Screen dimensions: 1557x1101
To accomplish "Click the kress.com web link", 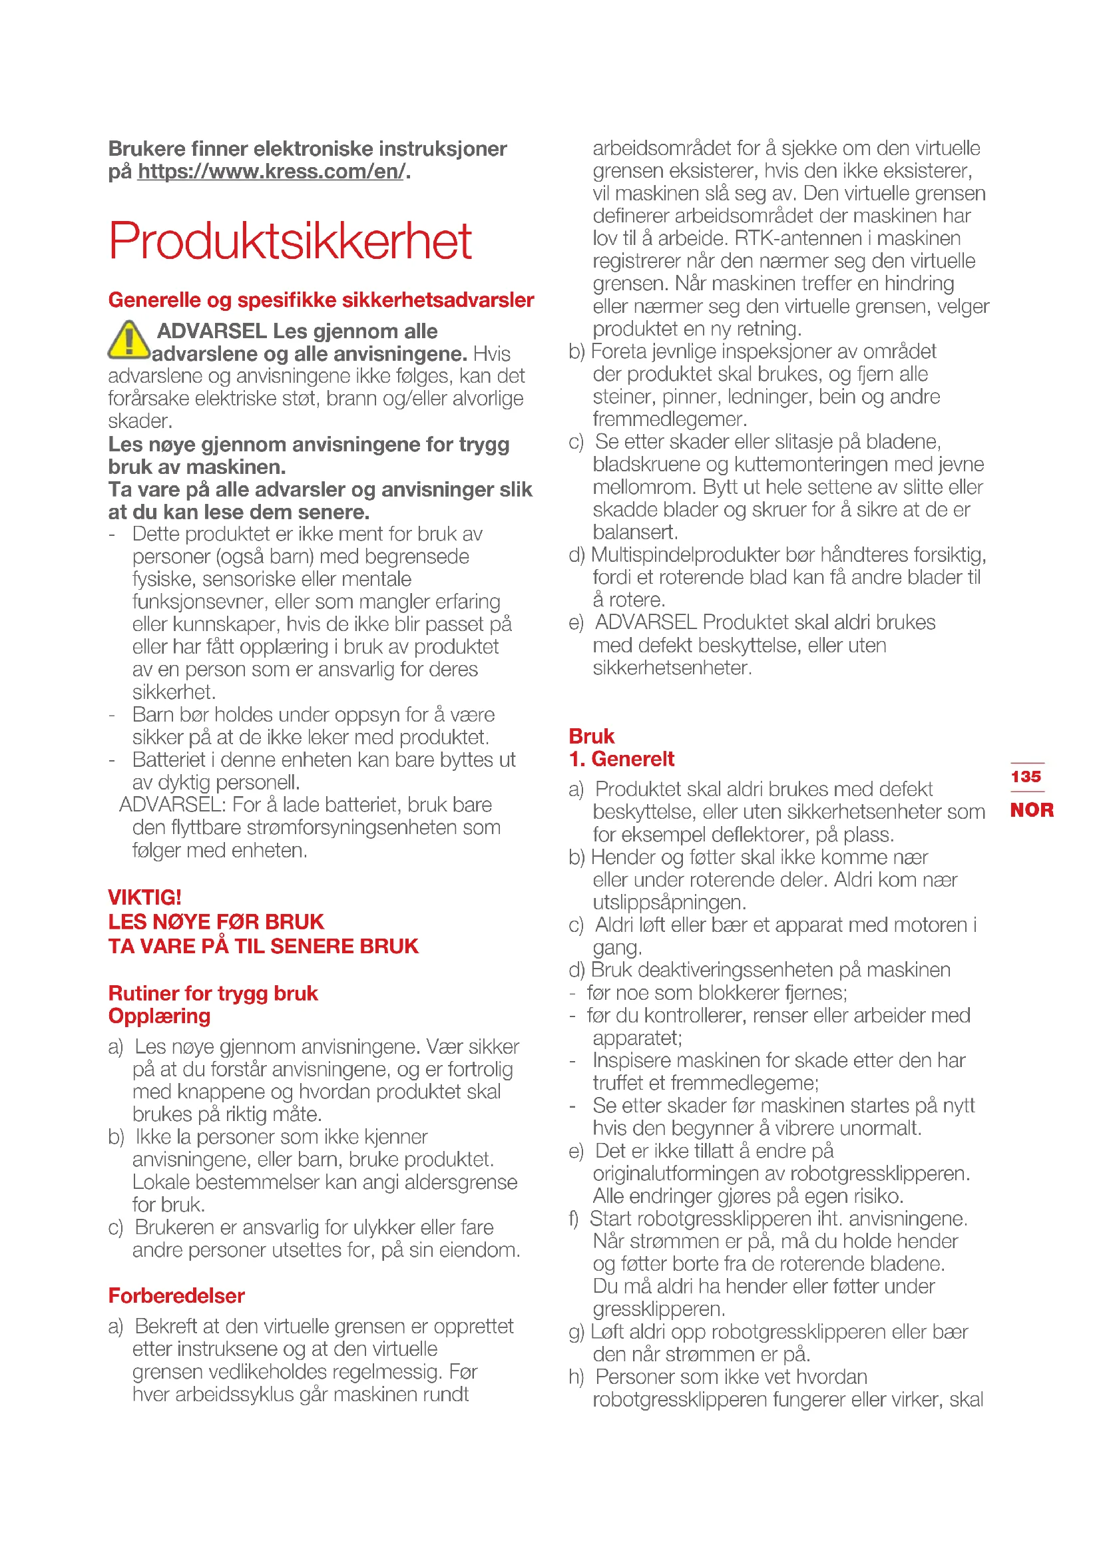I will tap(271, 172).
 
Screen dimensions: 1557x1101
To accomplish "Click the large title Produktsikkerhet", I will tap(290, 241).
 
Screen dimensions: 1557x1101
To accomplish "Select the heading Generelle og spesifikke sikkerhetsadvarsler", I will tap(321, 300).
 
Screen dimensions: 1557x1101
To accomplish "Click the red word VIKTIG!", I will tap(144, 897).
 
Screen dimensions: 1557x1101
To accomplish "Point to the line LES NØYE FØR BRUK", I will tap(216, 921).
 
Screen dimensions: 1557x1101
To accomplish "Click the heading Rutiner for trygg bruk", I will tap(213, 993).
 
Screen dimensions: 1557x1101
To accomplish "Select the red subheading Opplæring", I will tap(159, 1016).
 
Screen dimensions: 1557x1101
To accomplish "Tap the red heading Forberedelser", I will tap(176, 1295).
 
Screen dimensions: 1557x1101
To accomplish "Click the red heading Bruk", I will tap(591, 736).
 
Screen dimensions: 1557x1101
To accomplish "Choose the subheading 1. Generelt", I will tap(622, 759).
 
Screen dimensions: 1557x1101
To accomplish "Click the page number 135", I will tap(1026, 776).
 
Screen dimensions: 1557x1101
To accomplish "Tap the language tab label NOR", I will tap(1031, 809).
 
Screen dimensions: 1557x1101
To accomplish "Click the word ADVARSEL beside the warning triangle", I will tap(212, 331).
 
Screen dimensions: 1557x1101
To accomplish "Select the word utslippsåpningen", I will tap(669, 903).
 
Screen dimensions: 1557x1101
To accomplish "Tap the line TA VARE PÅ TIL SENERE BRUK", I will tap(263, 946).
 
